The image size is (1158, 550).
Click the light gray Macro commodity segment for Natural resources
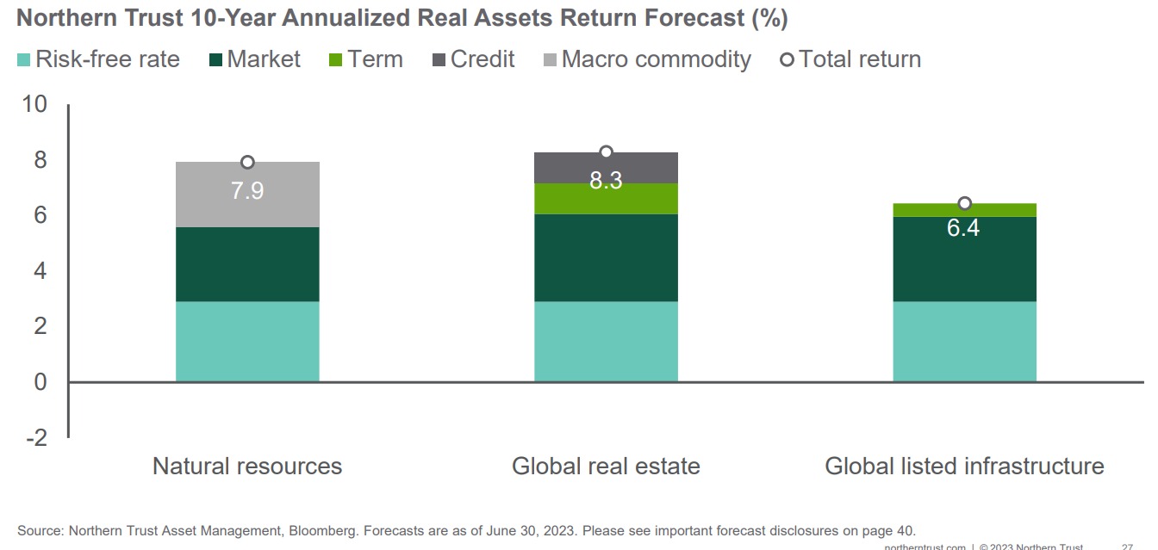[x=247, y=207]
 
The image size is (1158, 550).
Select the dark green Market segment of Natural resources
[x=247, y=264]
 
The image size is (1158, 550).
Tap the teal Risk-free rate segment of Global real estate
[x=606, y=341]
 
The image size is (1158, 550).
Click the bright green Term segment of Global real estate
[x=606, y=199]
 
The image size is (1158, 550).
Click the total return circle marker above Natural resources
[x=247, y=163]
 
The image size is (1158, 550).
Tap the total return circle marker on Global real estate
[x=606, y=152]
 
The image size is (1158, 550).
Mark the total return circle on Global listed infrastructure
[x=965, y=204]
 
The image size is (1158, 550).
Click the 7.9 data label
[x=247, y=190]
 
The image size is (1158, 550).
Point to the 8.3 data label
[x=606, y=182]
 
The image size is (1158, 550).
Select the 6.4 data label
[x=963, y=229]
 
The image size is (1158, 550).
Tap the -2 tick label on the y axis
[x=36, y=438]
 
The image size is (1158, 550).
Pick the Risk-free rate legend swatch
[x=24, y=59]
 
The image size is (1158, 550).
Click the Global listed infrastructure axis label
[x=964, y=467]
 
